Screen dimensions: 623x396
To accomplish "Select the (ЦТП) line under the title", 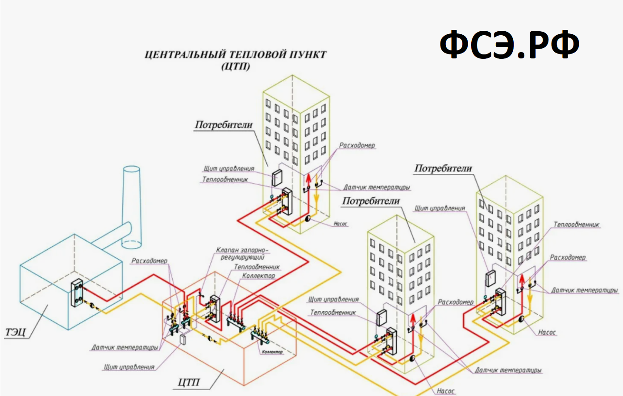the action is pyautogui.click(x=236, y=66).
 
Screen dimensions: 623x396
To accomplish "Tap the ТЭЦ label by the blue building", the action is pyautogui.click(x=15, y=332).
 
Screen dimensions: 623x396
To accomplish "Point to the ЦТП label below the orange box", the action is pyautogui.click(x=189, y=382).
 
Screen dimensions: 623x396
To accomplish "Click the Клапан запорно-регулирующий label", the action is pyautogui.click(x=242, y=254).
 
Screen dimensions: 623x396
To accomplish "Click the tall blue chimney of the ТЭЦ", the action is pyautogui.click(x=132, y=207).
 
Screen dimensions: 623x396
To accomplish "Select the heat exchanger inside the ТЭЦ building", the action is pyautogui.click(x=77, y=293).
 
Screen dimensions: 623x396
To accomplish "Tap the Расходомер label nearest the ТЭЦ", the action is pyautogui.click(x=150, y=261).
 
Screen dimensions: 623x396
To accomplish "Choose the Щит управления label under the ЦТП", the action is pyautogui.click(x=129, y=367).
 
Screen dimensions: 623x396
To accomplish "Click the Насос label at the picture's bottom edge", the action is pyautogui.click(x=445, y=391).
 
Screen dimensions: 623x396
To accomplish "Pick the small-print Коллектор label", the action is pyautogui.click(x=272, y=352).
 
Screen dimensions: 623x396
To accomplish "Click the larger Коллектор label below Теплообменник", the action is pyautogui.click(x=258, y=276).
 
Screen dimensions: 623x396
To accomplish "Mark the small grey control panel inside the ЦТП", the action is pyautogui.click(x=183, y=339).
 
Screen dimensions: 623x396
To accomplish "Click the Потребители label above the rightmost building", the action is pyautogui.click(x=443, y=169).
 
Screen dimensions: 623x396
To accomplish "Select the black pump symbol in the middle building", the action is pyautogui.click(x=412, y=358).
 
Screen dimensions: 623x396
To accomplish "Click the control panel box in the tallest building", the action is pyautogui.click(x=277, y=177).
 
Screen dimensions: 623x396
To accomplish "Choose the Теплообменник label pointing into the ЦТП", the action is pyautogui.click(x=257, y=267).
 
